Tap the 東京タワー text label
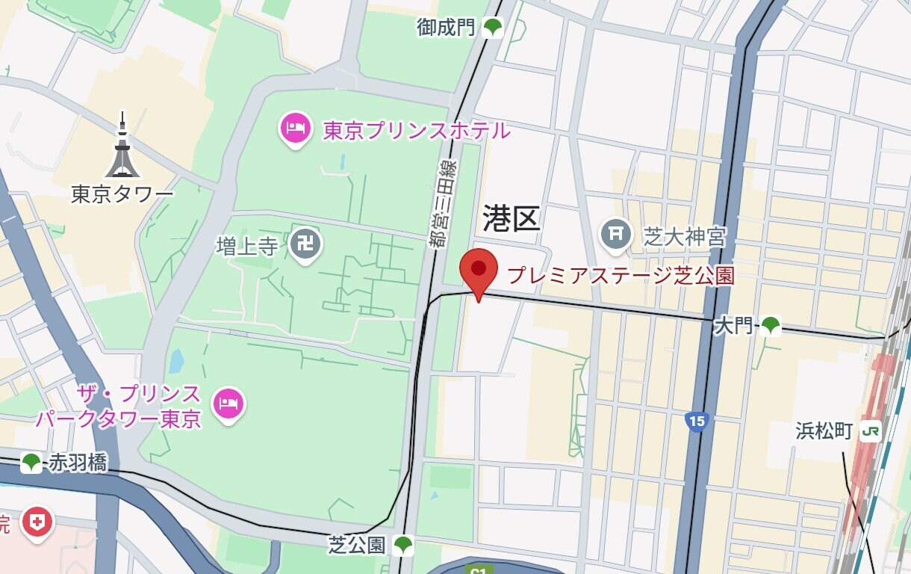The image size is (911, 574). (122, 194)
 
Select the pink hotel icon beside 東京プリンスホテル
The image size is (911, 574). (296, 129)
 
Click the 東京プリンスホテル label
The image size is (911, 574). (417, 131)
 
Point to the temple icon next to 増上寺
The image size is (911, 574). (305, 244)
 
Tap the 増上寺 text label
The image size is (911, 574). (247, 246)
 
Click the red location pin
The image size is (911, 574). (478, 271)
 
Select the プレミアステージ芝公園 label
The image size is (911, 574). (621, 275)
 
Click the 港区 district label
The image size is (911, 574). (511, 218)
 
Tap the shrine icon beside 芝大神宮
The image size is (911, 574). (616, 234)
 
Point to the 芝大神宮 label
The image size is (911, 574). (685, 238)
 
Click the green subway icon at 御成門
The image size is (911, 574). (492, 28)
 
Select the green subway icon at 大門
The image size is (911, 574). (770, 325)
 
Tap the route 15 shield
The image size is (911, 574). (696, 422)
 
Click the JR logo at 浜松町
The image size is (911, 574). (870, 430)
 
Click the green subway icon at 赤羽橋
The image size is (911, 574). (31, 463)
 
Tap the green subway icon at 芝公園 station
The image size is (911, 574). (403, 545)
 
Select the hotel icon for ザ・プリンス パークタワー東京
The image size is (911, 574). (228, 404)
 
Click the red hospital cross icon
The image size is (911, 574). (37, 521)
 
